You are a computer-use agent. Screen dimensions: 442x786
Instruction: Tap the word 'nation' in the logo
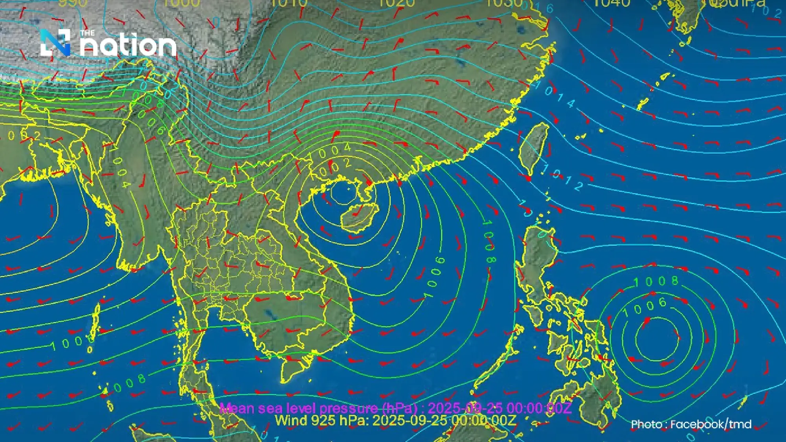pyautogui.click(x=128, y=46)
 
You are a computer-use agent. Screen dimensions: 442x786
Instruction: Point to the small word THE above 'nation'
pyautogui.click(x=87, y=33)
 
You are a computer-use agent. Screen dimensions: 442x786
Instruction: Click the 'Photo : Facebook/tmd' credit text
pyautogui.click(x=691, y=424)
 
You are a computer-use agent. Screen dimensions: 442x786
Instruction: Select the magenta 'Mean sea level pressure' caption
pyautogui.click(x=395, y=408)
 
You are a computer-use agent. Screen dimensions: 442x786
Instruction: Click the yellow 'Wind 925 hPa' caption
pyautogui.click(x=395, y=420)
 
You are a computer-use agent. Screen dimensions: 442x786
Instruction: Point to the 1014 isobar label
pyautogui.click(x=555, y=94)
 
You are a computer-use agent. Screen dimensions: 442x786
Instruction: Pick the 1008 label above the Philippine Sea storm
pyautogui.click(x=656, y=281)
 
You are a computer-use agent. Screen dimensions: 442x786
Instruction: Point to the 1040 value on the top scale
pyautogui.click(x=611, y=3)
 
